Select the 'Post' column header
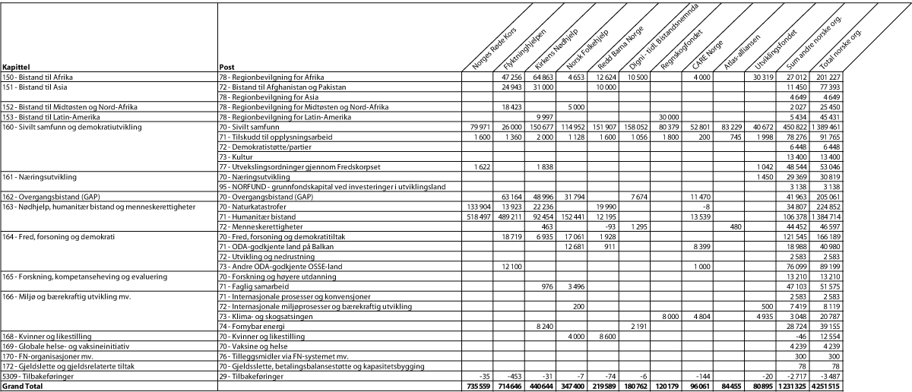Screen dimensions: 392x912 226,68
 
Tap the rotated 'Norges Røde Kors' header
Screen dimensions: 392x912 495,46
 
